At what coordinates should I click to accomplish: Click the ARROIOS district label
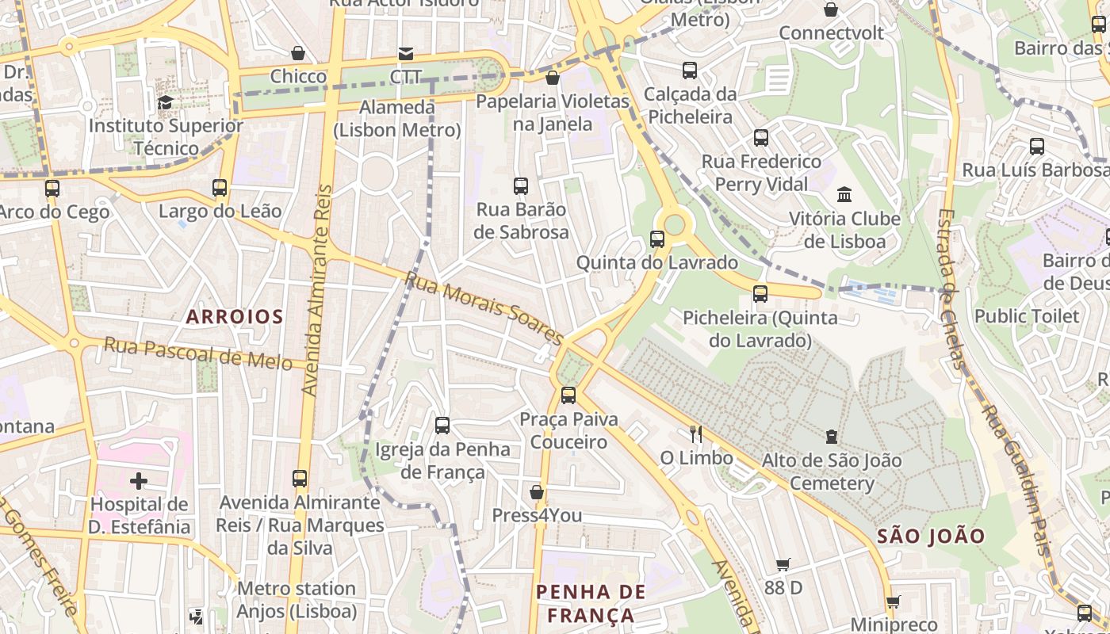coord(235,317)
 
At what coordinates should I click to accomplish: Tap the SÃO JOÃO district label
coord(931,536)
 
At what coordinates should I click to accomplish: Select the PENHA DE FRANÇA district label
coord(591,603)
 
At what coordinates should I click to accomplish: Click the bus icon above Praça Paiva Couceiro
coord(568,395)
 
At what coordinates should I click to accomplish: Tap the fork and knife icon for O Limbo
coord(696,433)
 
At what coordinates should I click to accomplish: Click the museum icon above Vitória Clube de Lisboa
coord(844,194)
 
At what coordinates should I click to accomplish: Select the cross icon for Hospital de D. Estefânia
coord(139,480)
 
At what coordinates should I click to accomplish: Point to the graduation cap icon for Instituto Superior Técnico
coord(165,102)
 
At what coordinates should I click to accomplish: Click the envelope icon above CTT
coord(405,54)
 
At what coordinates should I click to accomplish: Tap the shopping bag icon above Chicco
coord(298,53)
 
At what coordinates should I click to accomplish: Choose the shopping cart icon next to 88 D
coord(783,564)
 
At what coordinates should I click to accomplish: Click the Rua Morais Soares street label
coord(484,309)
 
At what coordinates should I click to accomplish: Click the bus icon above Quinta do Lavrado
coord(656,239)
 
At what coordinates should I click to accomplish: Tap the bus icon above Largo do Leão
coord(220,188)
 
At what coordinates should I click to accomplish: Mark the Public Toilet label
coord(1027,316)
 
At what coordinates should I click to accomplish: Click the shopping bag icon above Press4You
coord(537,492)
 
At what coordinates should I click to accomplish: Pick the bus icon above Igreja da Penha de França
coord(442,426)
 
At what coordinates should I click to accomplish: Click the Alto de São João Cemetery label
coord(832,472)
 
